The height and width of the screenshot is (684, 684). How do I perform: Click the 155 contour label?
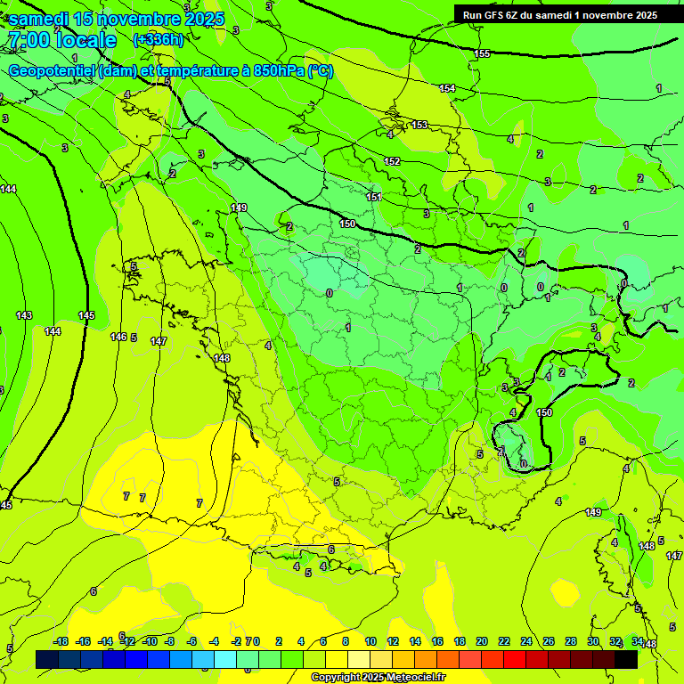[x=482, y=54]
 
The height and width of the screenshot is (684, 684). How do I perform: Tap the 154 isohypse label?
[x=447, y=88]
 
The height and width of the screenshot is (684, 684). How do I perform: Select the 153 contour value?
[x=419, y=125]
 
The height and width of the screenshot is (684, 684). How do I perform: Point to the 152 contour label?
[x=392, y=161]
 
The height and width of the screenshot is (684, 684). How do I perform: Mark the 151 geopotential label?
[x=374, y=197]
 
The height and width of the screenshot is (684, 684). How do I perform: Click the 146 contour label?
[x=118, y=337]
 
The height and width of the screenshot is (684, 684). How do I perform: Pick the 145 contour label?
[x=86, y=316]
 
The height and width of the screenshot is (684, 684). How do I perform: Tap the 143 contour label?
[x=24, y=316]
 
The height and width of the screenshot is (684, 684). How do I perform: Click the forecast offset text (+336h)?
[x=158, y=39]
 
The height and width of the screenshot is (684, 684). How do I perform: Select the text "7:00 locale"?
[x=61, y=40]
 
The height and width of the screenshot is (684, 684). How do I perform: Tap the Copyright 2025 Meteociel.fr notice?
[x=378, y=678]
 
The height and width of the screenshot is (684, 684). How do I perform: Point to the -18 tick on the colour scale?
[x=61, y=641]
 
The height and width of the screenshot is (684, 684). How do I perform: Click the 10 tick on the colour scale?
[x=370, y=641]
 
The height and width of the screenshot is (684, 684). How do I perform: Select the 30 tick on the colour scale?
[x=592, y=641]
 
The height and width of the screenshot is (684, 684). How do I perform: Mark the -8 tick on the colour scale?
[x=168, y=641]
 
